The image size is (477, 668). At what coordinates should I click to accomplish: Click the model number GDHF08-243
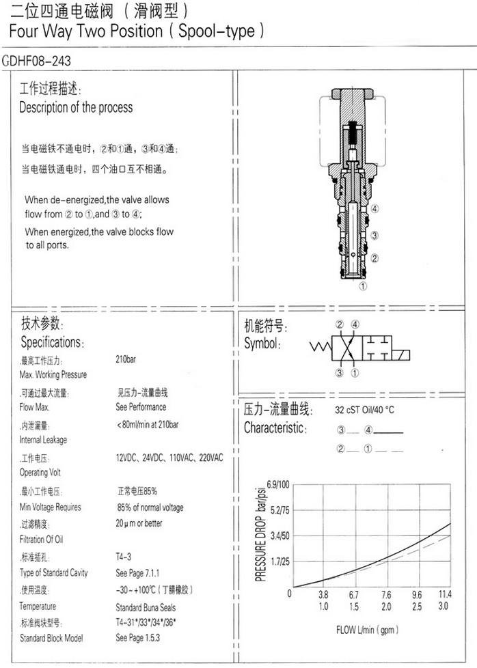point(36,61)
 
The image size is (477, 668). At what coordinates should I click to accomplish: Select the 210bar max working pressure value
point(126,358)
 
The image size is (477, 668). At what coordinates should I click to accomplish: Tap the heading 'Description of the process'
point(76,107)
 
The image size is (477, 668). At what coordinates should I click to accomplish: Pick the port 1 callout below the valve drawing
point(363,287)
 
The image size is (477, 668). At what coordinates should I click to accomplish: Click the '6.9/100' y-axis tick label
point(278,484)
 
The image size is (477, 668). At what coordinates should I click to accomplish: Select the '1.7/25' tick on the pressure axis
point(280,562)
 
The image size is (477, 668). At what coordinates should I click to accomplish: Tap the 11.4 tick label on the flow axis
point(445,594)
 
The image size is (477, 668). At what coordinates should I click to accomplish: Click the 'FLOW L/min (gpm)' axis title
point(368,629)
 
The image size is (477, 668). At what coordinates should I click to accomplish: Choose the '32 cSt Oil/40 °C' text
point(364,410)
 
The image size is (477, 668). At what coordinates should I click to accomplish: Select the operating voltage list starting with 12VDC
point(170,457)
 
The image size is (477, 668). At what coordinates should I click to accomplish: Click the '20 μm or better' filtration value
point(139,523)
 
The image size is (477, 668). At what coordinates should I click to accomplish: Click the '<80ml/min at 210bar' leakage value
point(148,424)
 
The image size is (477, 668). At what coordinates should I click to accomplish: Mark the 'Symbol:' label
point(262,344)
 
